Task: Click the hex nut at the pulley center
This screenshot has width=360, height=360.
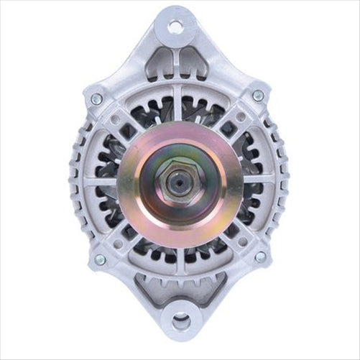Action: click(x=179, y=180)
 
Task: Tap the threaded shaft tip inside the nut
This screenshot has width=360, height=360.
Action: click(x=179, y=181)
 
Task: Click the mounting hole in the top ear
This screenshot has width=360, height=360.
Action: click(x=175, y=27)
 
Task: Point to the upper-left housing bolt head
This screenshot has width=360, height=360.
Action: click(x=96, y=99)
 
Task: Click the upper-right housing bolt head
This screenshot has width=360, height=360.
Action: click(x=258, y=96)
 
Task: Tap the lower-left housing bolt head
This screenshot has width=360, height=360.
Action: click(x=99, y=259)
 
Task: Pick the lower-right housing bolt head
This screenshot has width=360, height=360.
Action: click(x=260, y=257)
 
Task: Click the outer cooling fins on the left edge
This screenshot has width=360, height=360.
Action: click(x=78, y=180)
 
